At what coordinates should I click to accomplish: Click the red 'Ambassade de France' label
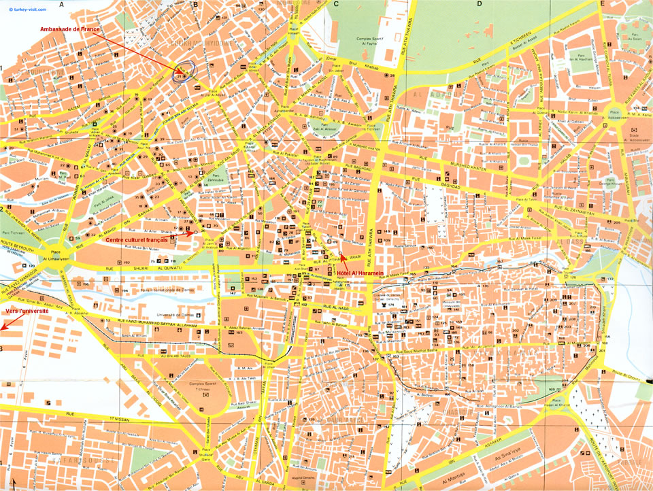(x=70, y=29)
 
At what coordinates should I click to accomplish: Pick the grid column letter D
(x=479, y=4)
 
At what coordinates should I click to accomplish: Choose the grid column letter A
(x=61, y=4)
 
